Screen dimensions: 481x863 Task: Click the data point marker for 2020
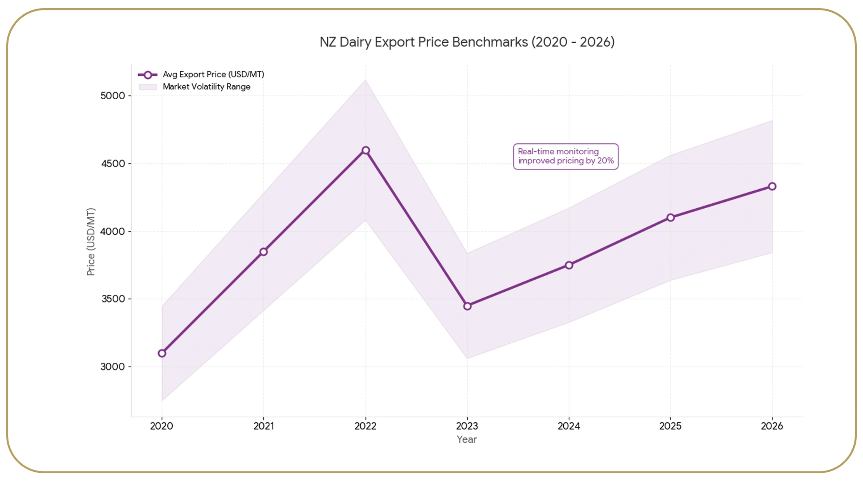(x=162, y=353)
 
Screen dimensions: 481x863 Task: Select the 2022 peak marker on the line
(x=365, y=150)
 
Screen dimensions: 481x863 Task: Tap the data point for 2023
(x=467, y=306)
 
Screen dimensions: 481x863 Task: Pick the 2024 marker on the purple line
(x=569, y=265)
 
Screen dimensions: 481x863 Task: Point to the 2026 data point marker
(x=772, y=187)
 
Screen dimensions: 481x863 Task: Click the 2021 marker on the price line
(x=264, y=252)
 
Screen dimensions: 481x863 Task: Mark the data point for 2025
(x=670, y=218)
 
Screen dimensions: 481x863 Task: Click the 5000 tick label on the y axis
(x=113, y=96)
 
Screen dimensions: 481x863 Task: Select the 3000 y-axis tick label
(x=113, y=367)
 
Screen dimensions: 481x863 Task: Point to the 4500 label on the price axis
(x=113, y=164)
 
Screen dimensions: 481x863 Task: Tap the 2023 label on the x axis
(x=467, y=426)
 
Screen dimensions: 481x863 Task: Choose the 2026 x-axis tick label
(x=772, y=426)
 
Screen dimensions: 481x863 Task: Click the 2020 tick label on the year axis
(x=161, y=426)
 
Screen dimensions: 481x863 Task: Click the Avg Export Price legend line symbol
(x=148, y=75)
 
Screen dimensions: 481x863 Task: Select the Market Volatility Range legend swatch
(x=148, y=87)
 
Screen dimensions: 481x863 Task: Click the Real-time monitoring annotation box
(x=566, y=156)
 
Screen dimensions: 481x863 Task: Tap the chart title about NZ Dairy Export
(x=467, y=42)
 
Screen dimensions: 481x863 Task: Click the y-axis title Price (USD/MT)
(x=91, y=242)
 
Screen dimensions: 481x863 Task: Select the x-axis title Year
(x=467, y=439)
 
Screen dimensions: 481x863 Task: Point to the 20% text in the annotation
(x=606, y=161)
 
